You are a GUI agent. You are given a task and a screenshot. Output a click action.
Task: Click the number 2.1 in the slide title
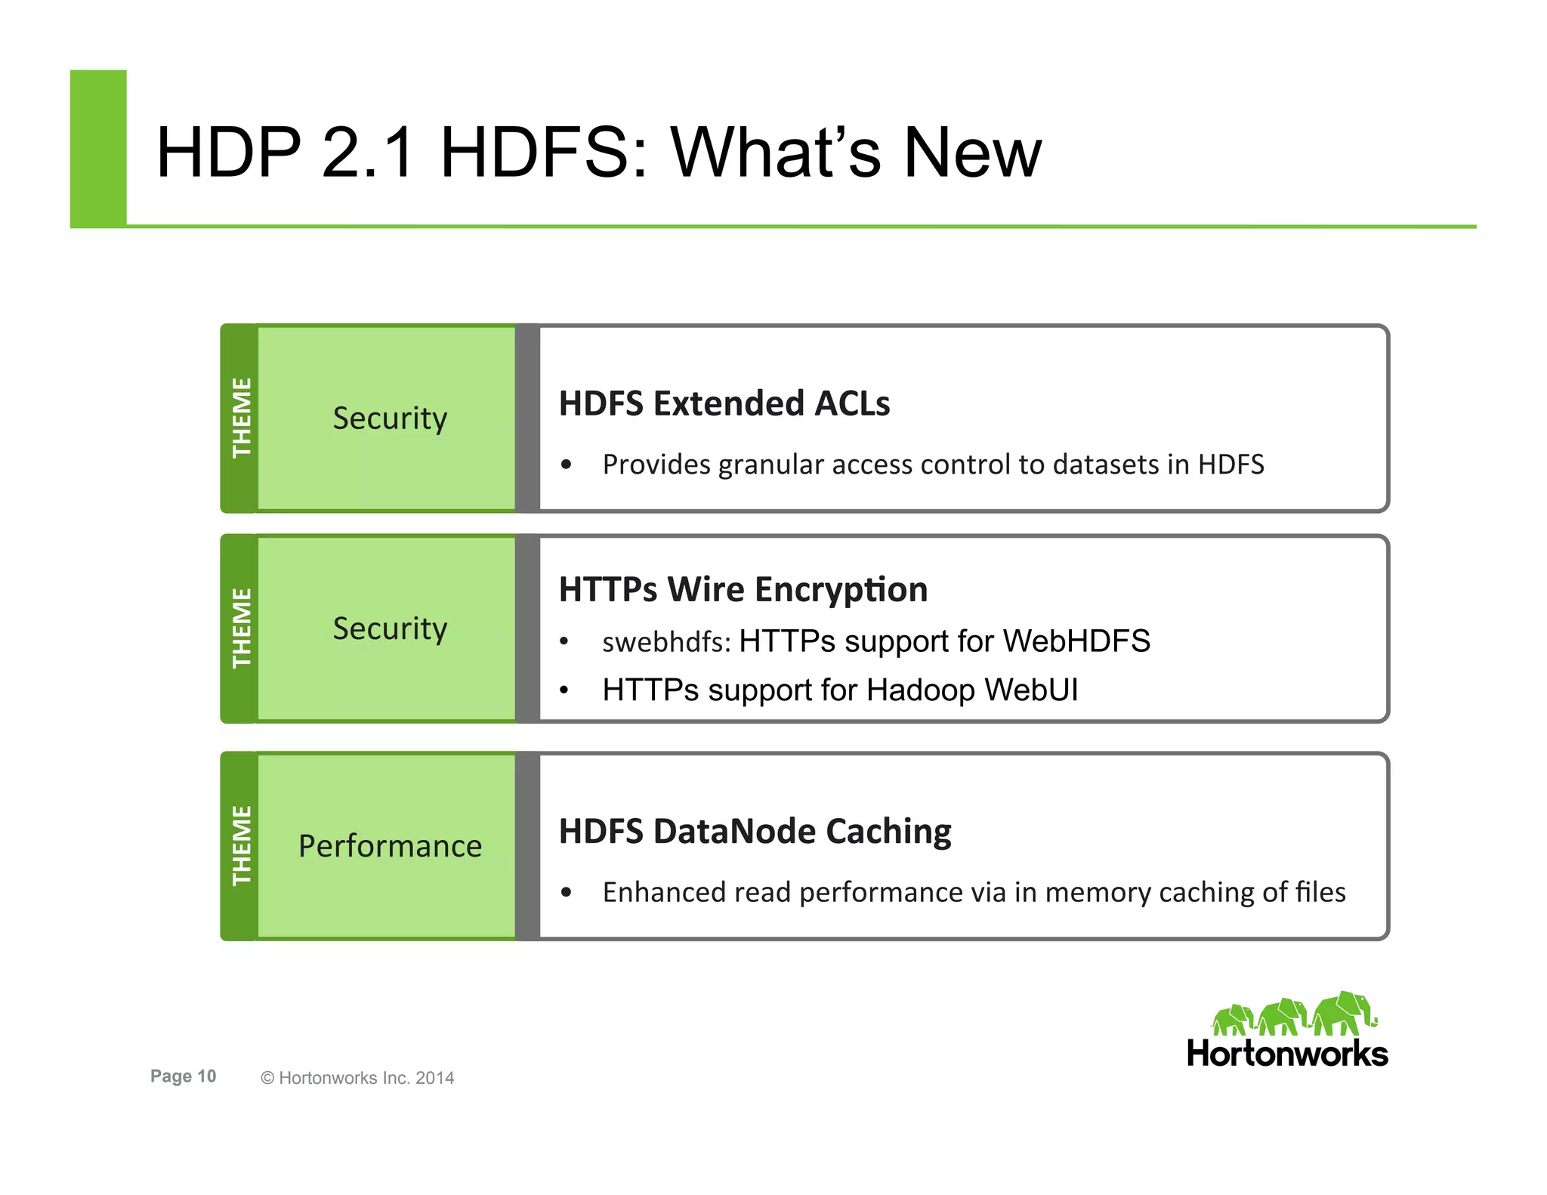point(368,153)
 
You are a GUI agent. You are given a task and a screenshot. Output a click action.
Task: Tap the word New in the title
point(972,153)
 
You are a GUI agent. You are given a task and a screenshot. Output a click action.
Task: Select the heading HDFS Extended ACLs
point(724,403)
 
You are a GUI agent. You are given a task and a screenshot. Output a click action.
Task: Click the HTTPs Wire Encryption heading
point(743,589)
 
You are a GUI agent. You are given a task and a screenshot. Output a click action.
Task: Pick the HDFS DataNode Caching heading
point(755,831)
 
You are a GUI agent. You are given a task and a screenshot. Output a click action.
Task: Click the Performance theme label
point(390,846)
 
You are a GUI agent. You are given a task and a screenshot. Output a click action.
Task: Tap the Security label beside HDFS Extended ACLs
point(390,418)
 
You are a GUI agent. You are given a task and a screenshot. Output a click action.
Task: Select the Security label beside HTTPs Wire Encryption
point(390,628)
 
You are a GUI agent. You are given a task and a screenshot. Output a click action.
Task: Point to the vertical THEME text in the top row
point(241,418)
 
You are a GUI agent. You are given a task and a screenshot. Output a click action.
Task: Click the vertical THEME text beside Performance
point(241,845)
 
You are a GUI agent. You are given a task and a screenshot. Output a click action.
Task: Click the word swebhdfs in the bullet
point(665,642)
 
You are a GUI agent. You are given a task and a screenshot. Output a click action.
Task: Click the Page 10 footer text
point(183,1076)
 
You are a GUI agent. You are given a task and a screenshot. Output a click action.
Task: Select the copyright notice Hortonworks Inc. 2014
point(357,1078)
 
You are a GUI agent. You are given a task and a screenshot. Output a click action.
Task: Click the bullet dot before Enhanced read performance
point(567,893)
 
